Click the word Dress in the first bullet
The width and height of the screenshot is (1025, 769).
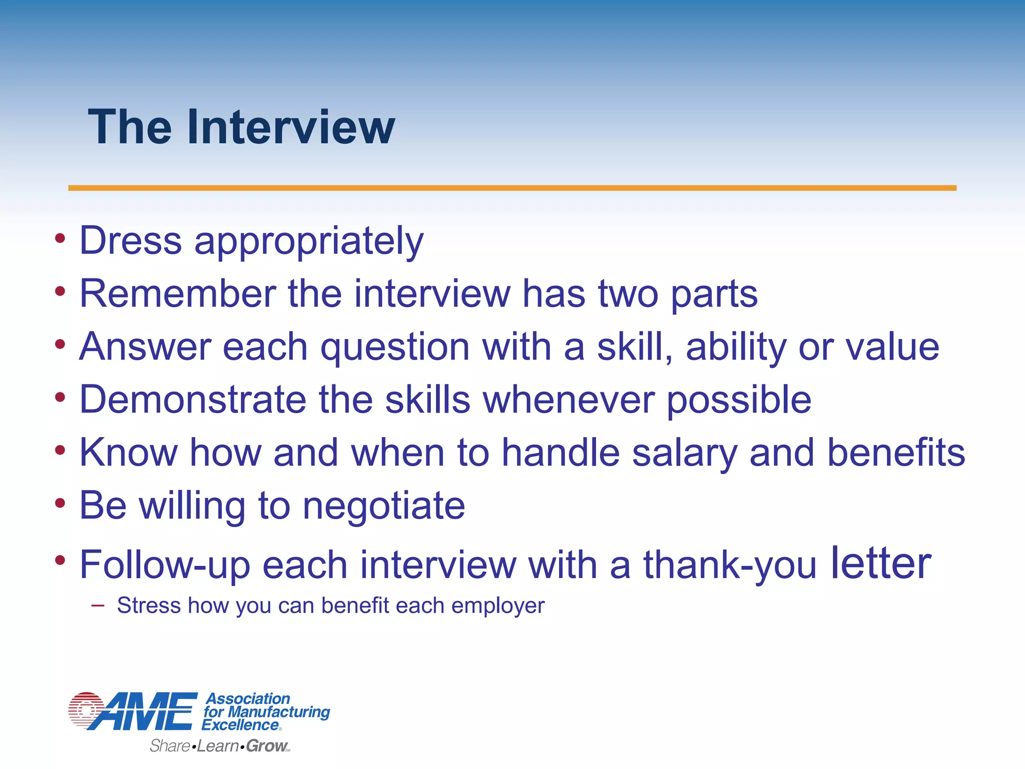pyautogui.click(x=131, y=240)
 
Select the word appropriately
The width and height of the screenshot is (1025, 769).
pyautogui.click(x=309, y=241)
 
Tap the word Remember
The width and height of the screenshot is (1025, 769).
pyautogui.click(x=178, y=293)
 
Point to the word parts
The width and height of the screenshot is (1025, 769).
pyautogui.click(x=714, y=294)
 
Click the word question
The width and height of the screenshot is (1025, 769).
pyautogui.click(x=395, y=347)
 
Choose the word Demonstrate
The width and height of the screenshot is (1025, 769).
pyautogui.click(x=193, y=400)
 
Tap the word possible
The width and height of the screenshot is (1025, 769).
pyautogui.click(x=739, y=401)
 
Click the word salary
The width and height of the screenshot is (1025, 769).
pyautogui.click(x=685, y=454)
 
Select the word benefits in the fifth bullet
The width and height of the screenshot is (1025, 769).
pyautogui.click(x=896, y=453)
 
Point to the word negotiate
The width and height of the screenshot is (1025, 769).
pyautogui.click(x=384, y=506)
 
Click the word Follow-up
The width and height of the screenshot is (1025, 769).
pyautogui.click(x=165, y=565)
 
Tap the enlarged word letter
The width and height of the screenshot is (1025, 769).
pyautogui.click(x=881, y=563)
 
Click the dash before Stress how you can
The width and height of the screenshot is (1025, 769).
pyautogui.click(x=98, y=606)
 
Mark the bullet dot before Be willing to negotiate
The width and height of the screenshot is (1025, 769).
pyautogui.click(x=60, y=503)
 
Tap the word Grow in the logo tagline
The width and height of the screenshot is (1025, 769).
pyautogui.click(x=266, y=746)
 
